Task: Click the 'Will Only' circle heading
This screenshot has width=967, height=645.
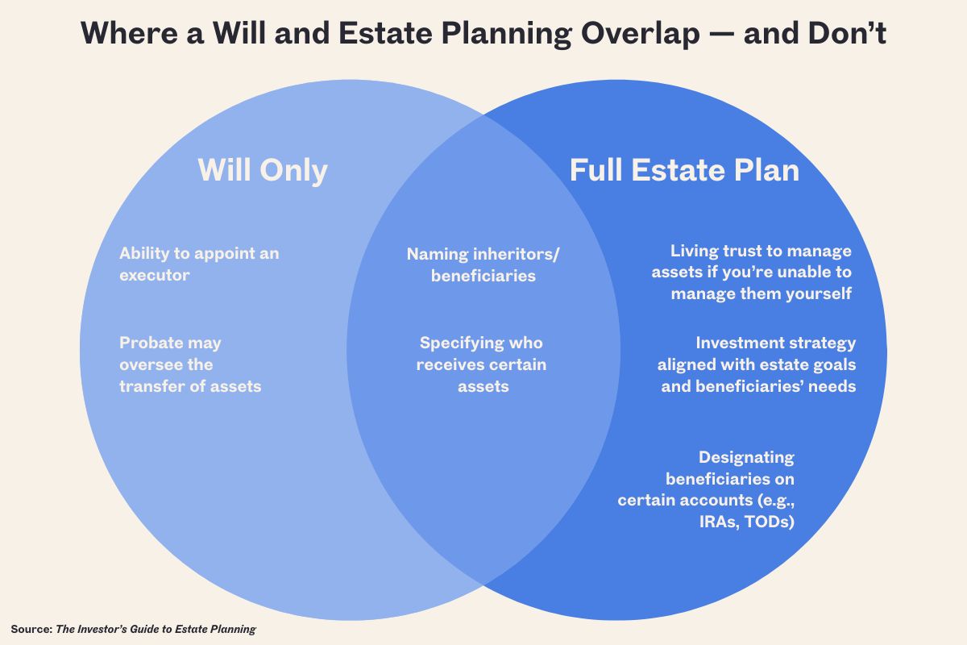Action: coord(263,170)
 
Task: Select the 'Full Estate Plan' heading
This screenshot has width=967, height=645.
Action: coord(684,170)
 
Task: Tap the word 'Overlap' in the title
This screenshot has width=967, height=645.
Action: coord(640,34)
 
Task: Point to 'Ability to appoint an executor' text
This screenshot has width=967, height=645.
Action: coord(199,264)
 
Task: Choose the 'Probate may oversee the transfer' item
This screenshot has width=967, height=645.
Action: coord(190,364)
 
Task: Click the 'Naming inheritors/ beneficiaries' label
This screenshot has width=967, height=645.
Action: coord(483,264)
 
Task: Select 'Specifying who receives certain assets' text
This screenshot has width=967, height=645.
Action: coord(481,364)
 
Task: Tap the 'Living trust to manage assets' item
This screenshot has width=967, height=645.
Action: coord(752,272)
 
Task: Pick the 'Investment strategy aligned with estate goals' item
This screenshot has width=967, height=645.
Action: coord(757,364)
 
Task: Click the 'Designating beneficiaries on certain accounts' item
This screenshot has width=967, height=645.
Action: coord(706,489)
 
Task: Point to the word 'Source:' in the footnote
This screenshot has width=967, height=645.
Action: coord(31,629)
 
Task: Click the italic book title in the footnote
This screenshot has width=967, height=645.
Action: coord(156,630)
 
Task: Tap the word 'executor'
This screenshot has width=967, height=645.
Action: coord(155,275)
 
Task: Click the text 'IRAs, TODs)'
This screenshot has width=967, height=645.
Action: coord(747,522)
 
